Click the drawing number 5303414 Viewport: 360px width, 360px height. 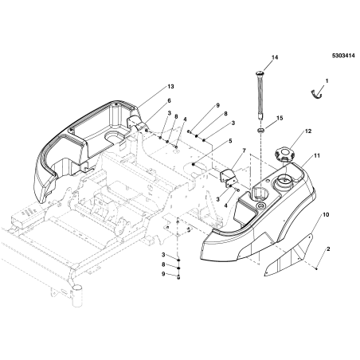point(343,56)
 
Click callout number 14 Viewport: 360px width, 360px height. point(275,57)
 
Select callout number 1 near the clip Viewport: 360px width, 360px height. point(327,80)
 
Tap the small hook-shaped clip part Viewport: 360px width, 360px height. point(316,94)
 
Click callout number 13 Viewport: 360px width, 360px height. point(170,87)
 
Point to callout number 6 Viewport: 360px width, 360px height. point(169,100)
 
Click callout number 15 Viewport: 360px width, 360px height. point(280,118)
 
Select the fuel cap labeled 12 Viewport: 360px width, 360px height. point(284,155)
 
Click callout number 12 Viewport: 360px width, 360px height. point(308,131)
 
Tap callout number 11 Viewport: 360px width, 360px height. point(317,155)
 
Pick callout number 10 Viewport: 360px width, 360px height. point(326,214)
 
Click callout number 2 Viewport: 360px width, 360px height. point(328,249)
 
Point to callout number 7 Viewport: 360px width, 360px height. point(244,151)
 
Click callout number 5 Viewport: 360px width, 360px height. point(230,141)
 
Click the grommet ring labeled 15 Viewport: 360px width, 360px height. point(261,131)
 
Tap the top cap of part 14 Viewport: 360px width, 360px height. point(260,72)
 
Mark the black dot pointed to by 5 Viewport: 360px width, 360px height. point(194,165)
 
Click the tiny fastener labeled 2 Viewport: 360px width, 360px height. point(317,269)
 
